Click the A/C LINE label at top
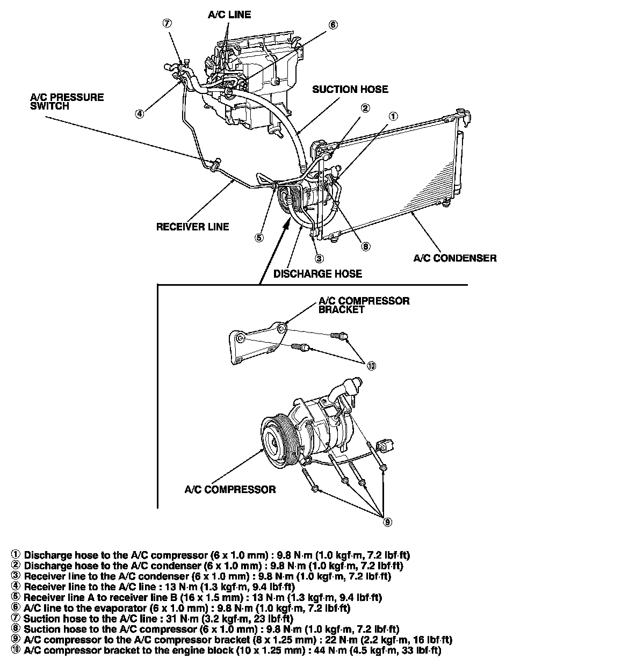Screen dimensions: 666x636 (229, 15)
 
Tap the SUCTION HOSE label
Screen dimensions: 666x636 (350, 90)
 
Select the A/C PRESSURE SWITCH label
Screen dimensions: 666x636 (67, 102)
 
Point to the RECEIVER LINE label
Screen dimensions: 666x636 (192, 227)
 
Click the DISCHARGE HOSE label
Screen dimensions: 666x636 (317, 274)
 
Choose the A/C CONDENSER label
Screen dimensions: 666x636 (455, 258)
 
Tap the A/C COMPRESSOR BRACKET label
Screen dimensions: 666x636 (364, 305)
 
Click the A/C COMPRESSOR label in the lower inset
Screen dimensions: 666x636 (230, 489)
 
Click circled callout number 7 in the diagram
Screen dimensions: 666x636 (168, 23)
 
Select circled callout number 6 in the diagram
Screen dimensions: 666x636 (333, 25)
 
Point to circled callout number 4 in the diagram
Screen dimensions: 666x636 (139, 113)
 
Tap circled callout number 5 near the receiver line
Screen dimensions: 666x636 (259, 237)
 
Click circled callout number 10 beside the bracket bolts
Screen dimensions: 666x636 (371, 366)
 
